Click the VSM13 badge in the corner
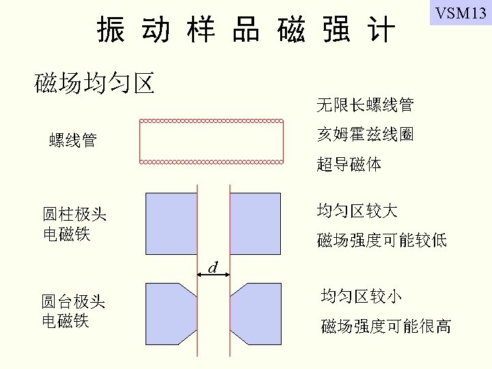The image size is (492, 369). pyautogui.click(x=460, y=14)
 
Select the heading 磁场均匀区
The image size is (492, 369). pyautogui.click(x=94, y=83)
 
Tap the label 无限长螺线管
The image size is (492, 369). pyautogui.click(x=365, y=105)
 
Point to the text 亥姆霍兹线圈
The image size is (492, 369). pyautogui.click(x=365, y=135)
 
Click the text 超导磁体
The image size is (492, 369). pyautogui.click(x=349, y=165)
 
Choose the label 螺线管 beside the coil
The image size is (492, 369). pyautogui.click(x=73, y=141)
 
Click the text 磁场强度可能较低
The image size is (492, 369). pyautogui.click(x=382, y=240)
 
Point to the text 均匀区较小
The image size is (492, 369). pyautogui.click(x=361, y=296)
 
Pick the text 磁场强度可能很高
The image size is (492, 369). pyautogui.click(x=386, y=326)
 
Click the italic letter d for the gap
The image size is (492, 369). pyautogui.click(x=213, y=267)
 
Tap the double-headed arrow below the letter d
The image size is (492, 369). pyautogui.click(x=213, y=276)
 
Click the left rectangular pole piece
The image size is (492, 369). pyautogui.click(x=170, y=216)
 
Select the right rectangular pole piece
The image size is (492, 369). pyautogui.click(x=255, y=216)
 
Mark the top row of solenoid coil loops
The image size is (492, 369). pyautogui.click(x=211, y=121)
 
